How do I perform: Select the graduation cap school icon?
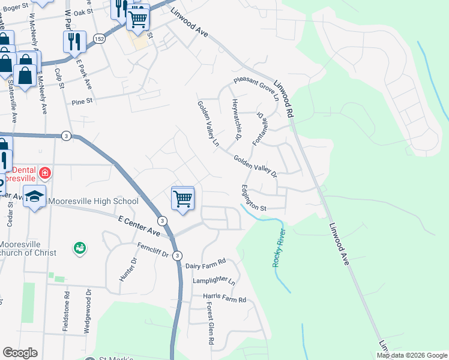tap(35, 197)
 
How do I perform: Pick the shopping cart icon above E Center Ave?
tap(182, 198)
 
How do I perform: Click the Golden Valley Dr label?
tap(255, 167)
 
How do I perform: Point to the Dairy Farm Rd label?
tap(205, 263)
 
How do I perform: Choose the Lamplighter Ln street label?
tap(214, 280)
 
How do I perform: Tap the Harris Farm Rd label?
tap(224, 299)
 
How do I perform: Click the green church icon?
tap(79, 247)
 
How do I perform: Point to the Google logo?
tap(20, 353)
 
